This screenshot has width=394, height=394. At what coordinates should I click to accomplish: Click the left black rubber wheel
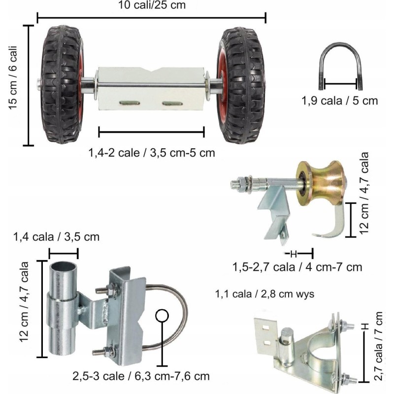point(62,84)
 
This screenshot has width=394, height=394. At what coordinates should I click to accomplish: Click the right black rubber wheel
point(242,85)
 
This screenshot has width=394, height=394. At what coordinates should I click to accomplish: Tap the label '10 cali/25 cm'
point(152,5)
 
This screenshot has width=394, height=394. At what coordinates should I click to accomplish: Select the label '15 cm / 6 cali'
point(13,77)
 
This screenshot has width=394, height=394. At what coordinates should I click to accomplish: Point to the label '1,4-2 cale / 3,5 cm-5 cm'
point(152,153)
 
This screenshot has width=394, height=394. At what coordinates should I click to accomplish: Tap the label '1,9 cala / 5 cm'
point(340,101)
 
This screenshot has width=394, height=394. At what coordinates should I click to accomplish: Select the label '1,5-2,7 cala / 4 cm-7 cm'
point(297,267)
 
